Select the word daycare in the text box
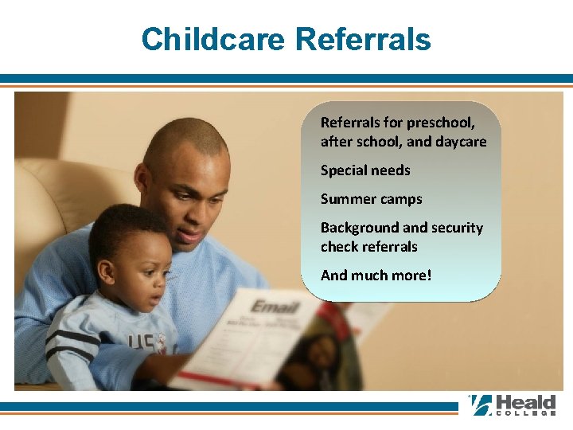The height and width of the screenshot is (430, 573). point(459,142)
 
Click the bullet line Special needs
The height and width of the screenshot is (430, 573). point(365,170)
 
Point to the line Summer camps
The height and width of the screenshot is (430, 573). point(371,199)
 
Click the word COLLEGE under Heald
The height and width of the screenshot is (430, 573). point(525,414)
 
